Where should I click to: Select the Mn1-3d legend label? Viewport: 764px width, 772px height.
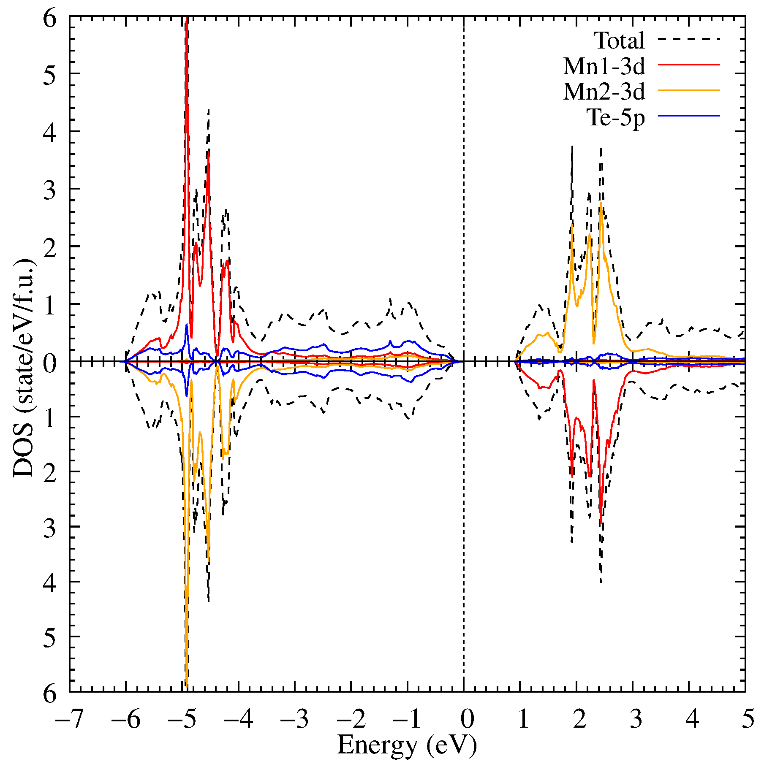(x=604, y=66)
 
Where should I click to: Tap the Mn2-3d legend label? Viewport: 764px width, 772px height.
(x=604, y=91)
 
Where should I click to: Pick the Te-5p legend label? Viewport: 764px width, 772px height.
(x=616, y=117)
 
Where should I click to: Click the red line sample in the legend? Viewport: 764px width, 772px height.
(x=688, y=65)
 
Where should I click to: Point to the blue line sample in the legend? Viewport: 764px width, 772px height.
(x=688, y=115)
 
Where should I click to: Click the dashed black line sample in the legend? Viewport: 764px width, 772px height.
(x=688, y=39)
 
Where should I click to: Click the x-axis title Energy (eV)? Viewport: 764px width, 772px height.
(x=407, y=745)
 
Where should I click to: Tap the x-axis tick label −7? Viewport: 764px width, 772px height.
(x=69, y=718)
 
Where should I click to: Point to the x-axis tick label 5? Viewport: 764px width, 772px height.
(x=748, y=718)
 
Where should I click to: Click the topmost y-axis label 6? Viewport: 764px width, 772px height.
(x=49, y=19)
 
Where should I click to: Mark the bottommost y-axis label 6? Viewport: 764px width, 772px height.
(x=49, y=693)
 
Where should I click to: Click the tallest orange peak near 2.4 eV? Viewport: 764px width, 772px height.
(x=601, y=203)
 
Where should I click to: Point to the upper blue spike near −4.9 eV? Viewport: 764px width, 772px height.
(x=186, y=325)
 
